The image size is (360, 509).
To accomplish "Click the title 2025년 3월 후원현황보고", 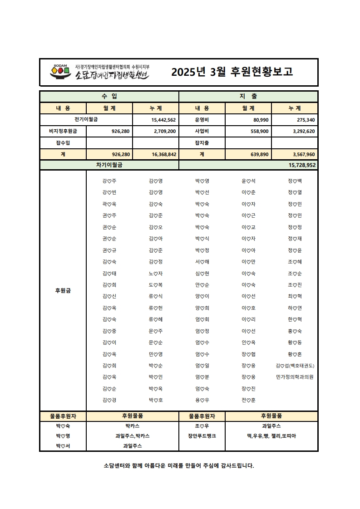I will (x=232, y=72).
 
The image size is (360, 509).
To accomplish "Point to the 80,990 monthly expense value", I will (x=259, y=120).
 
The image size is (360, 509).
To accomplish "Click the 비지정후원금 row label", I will (x=63, y=131).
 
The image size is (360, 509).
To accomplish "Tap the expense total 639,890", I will (x=259, y=154).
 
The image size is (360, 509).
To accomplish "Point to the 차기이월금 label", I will (x=109, y=165).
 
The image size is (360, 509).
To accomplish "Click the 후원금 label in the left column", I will (x=63, y=291).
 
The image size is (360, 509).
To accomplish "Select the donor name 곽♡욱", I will (x=109, y=204).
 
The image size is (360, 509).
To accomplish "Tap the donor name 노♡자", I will (x=156, y=274).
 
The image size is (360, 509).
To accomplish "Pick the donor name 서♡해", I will (x=202, y=262).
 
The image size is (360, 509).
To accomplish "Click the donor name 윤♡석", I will (x=248, y=181).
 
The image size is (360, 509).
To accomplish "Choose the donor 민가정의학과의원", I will (x=295, y=377).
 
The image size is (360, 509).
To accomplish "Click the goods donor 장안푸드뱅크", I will (x=202, y=436).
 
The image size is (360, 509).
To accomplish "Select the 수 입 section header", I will (x=109, y=97).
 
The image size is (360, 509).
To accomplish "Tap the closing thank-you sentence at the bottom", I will (x=179, y=465).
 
